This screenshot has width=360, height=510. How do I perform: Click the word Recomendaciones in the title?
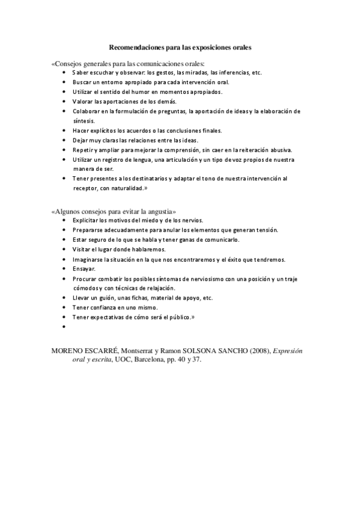tap(134, 46)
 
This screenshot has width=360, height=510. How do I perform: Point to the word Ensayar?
tap(84, 269)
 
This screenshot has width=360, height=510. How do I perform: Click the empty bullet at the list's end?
tap(64, 326)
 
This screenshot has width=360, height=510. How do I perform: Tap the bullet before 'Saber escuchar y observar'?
tap(64, 72)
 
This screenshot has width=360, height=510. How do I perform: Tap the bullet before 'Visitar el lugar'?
tap(64, 250)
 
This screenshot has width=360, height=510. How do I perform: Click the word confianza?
tap(102, 307)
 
